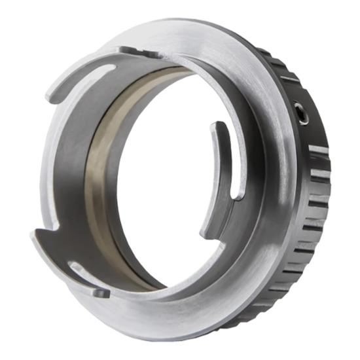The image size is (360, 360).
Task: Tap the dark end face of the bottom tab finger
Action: pyautogui.click(x=101, y=293)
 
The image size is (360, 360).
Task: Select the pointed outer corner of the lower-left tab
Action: pyautogui.click(x=33, y=236)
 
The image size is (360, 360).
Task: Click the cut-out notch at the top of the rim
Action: pyautogui.click(x=131, y=50)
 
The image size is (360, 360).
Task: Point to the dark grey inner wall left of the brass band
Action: pyautogui.click(x=72, y=164)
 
